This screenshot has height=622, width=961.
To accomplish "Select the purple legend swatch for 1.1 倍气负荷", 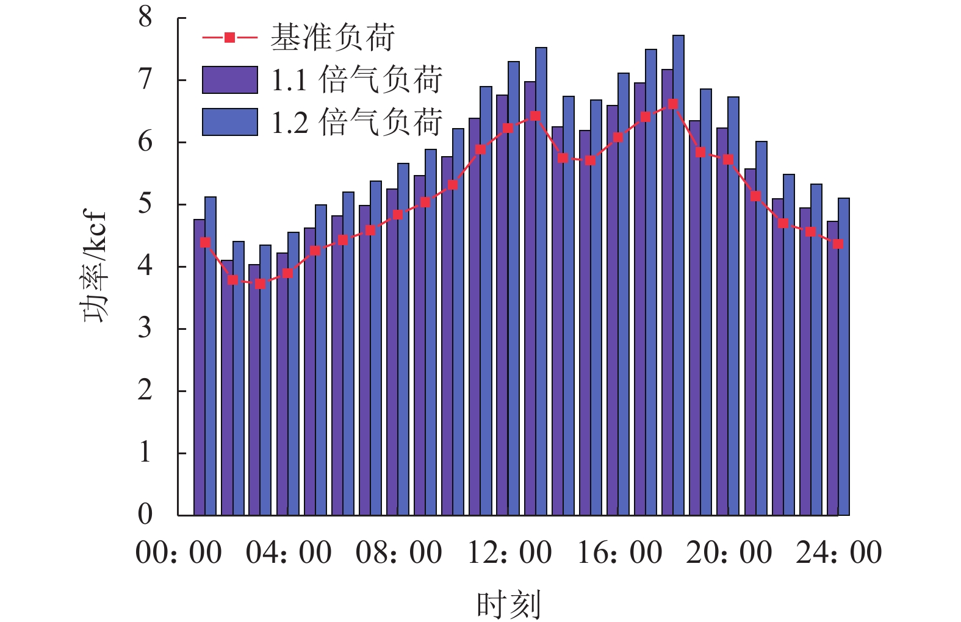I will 230,80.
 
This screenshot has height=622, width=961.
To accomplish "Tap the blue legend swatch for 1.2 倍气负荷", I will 230,122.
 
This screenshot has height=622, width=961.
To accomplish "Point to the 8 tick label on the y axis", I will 145,17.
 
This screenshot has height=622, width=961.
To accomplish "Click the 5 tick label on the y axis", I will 145,204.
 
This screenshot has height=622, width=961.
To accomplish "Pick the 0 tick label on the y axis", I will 145,514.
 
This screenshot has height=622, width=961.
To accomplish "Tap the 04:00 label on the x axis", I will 289,553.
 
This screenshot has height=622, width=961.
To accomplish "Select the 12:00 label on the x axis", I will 509,553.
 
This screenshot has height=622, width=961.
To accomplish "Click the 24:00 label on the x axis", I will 839,553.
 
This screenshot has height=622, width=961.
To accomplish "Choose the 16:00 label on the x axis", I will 619,553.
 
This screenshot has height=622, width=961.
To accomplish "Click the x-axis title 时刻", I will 508,604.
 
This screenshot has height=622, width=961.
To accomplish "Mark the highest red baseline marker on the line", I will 673,104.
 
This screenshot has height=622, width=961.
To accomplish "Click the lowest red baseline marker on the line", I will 261,284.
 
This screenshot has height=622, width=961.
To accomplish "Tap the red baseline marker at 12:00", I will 508,128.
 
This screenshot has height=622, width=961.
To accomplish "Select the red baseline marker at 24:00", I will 838,244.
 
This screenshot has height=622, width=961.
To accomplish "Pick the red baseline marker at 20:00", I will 728,160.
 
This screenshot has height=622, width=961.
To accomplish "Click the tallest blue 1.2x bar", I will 678,274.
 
